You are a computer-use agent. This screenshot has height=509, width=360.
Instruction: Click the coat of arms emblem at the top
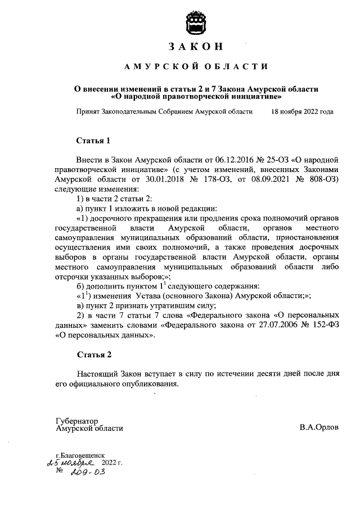click(196, 22)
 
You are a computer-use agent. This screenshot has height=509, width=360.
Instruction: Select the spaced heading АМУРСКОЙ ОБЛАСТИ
click(196, 67)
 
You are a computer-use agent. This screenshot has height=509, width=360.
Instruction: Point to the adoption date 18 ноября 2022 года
click(302, 112)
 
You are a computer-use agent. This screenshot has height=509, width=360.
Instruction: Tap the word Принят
click(89, 112)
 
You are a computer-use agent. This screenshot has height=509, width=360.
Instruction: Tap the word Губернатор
click(77, 420)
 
